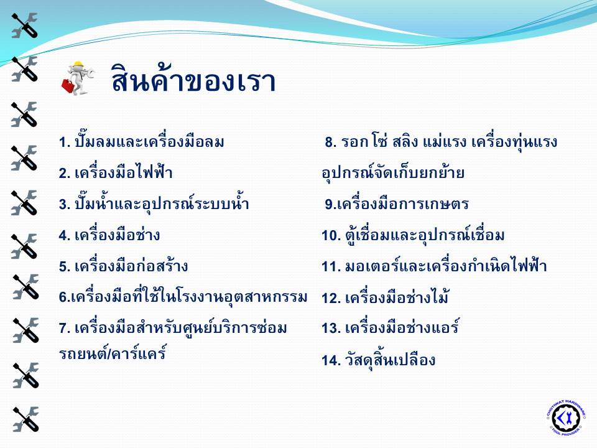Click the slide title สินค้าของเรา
[x=193, y=79]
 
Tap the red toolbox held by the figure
[x=68, y=85]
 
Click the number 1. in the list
[x=65, y=142]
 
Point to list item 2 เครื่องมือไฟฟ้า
[x=116, y=172]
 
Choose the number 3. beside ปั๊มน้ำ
[x=65, y=205]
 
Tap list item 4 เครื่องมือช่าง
[x=109, y=234]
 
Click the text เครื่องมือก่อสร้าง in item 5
[x=131, y=265]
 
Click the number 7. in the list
[x=65, y=329]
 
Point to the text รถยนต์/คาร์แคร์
[x=113, y=353]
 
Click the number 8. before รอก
[x=330, y=142]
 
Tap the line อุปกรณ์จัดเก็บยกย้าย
[x=393, y=172]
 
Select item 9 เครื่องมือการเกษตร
[x=397, y=204]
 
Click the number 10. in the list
[x=331, y=235]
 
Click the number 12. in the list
[x=331, y=298]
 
